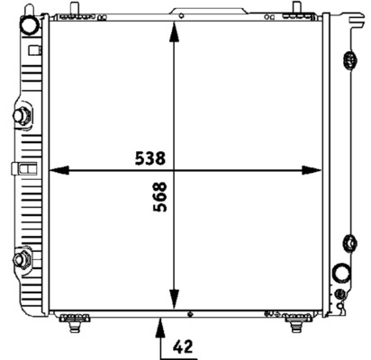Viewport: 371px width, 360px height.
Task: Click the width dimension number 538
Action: click(x=150, y=158)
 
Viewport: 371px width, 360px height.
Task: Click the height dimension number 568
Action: click(x=159, y=197)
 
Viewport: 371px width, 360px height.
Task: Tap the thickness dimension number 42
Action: click(x=183, y=346)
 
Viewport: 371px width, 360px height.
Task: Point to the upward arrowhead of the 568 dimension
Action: click(x=174, y=31)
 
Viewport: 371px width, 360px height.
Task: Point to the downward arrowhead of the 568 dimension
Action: click(x=174, y=299)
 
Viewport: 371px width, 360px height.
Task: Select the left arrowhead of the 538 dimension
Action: click(x=59, y=170)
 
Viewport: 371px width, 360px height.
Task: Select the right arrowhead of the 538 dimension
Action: click(x=312, y=170)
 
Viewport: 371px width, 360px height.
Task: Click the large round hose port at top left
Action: click(x=30, y=24)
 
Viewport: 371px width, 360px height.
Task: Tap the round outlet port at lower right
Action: click(x=341, y=273)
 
